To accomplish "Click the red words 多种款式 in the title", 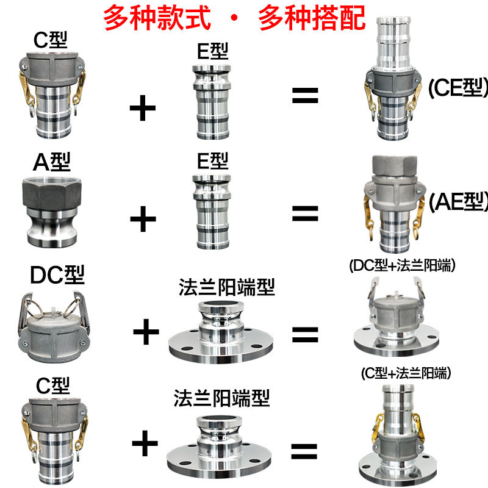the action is tap(157, 18).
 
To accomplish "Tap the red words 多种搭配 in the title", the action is tap(312, 18).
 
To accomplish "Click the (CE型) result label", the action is tap(457, 88).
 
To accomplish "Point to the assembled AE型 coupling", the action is tap(393, 201).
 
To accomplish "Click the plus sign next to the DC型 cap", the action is tap(146, 332).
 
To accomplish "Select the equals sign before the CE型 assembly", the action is tap(305, 96).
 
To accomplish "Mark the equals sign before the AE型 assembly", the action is tap(305, 213).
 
